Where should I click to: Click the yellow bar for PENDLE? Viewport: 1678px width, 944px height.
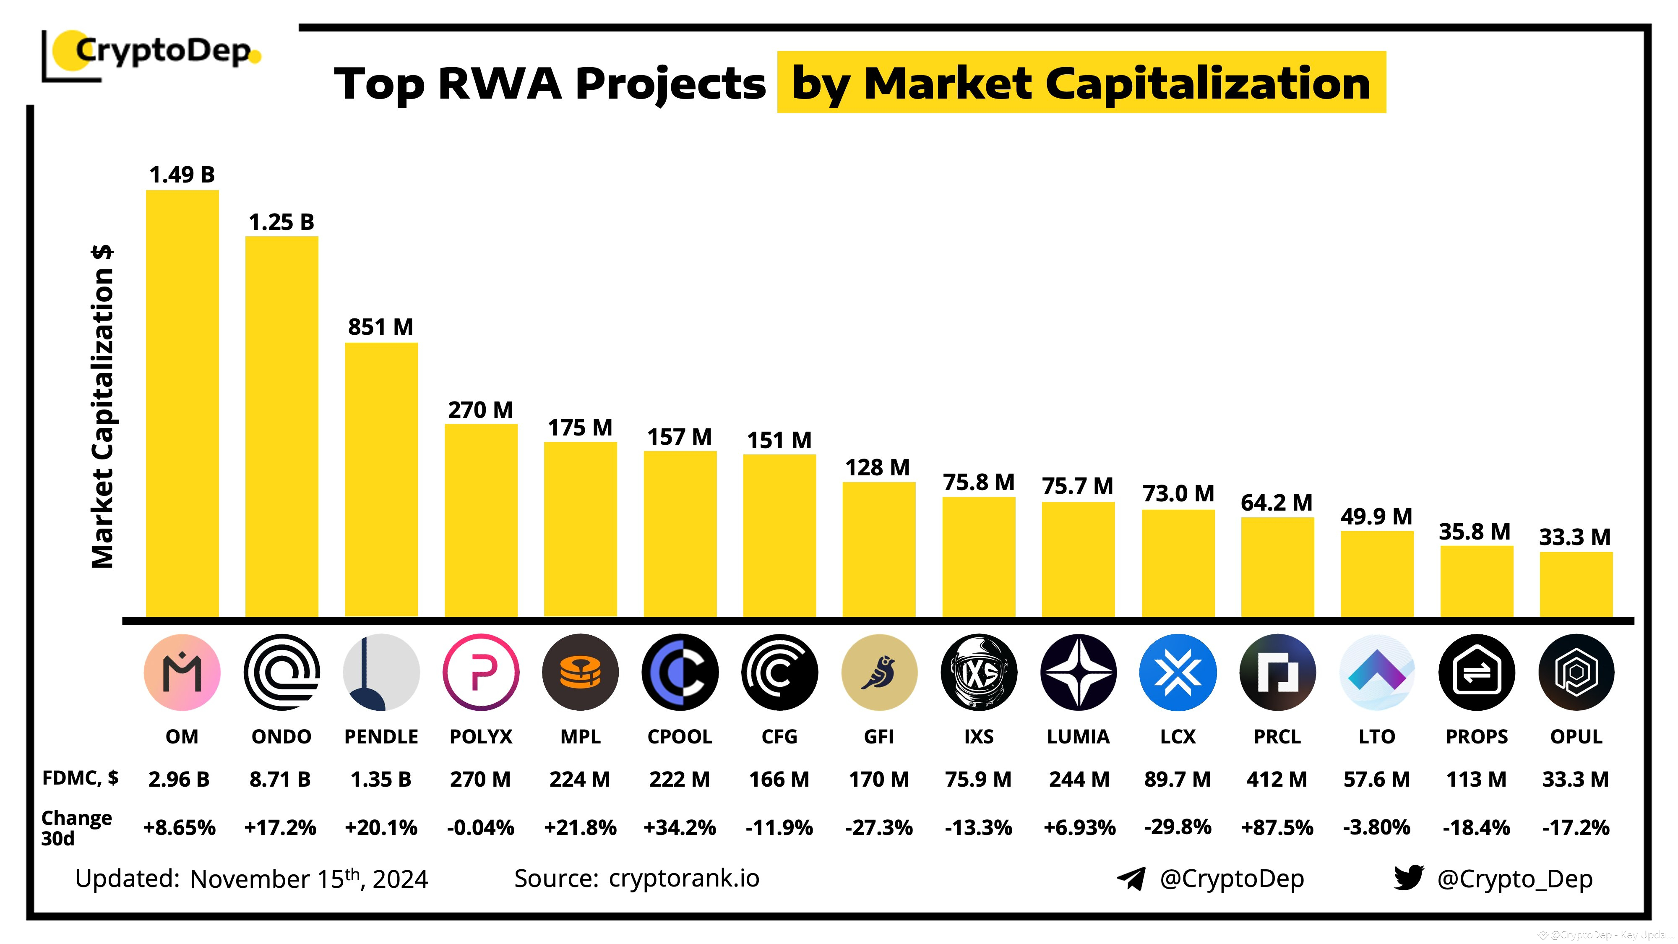coord(381,479)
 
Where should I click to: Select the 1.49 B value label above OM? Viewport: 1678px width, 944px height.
coord(182,175)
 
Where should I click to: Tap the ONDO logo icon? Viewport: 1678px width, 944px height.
coord(281,672)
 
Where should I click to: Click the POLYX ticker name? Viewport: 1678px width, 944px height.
coord(481,736)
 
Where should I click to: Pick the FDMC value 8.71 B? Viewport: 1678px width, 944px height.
coord(280,779)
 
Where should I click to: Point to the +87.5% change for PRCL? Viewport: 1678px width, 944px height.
coord(1277,827)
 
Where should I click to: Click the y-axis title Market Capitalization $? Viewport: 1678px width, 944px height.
coord(103,407)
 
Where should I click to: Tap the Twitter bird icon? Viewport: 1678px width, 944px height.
coord(1408,878)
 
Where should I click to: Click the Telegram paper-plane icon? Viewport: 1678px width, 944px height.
coord(1131,878)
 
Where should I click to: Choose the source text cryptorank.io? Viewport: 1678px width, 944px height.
coord(684,878)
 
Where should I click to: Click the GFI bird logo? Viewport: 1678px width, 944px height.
coord(879,672)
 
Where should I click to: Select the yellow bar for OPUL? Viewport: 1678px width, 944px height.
coord(1576,584)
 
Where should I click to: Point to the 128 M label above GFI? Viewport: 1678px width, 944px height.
coord(878,467)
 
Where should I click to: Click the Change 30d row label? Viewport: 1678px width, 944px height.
coord(76,827)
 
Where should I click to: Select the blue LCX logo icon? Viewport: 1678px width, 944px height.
coord(1177,672)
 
